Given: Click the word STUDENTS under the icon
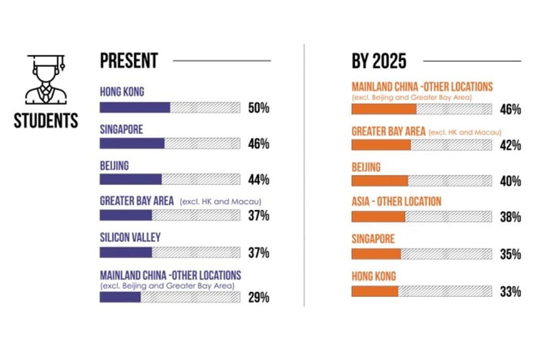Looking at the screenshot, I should tap(46, 121).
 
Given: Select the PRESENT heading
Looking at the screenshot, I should tap(129, 61).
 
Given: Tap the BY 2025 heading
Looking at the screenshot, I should tap(379, 61).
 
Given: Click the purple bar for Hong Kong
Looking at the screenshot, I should tap(135, 108).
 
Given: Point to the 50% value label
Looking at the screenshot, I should tap(259, 108).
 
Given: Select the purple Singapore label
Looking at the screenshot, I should tap(121, 129).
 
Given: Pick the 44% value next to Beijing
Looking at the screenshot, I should tap(259, 180).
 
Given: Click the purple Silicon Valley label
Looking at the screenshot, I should tap(130, 238).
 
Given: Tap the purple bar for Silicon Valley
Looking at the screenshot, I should tap(126, 252).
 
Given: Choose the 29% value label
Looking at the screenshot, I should tap(259, 298).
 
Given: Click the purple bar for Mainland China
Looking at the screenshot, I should tap(120, 297).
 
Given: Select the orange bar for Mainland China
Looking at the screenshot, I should tap(384, 109).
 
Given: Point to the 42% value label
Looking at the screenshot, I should tap(510, 145).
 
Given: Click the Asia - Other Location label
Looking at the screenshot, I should tap(396, 201).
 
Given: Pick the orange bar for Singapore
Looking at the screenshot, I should tap(376, 254).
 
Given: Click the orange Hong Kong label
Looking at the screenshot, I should tap(374, 276).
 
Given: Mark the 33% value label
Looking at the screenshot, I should tap(510, 291).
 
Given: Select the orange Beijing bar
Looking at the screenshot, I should tap(379, 181).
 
